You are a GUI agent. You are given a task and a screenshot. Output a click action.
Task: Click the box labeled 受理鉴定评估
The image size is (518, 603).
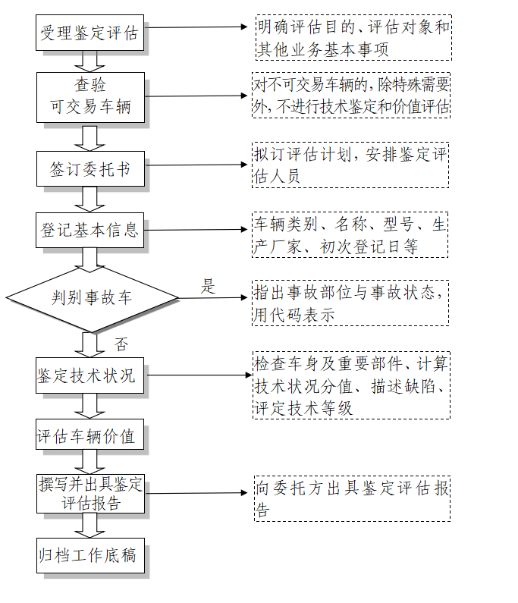pyautogui.click(x=90, y=33)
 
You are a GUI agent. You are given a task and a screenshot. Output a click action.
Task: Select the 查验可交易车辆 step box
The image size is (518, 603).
pyautogui.click(x=90, y=96)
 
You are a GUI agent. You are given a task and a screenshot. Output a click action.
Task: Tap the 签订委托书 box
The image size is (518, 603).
pyautogui.click(x=90, y=169)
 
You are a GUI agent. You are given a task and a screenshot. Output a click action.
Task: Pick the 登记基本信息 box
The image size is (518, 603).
pyautogui.click(x=90, y=230)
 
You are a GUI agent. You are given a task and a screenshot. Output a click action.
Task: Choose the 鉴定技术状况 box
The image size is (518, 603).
pyautogui.click(x=90, y=375)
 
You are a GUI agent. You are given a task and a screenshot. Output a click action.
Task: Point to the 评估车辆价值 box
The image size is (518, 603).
pyautogui.click(x=90, y=436)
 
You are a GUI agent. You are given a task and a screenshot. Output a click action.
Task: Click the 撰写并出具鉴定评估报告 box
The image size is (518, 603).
pyautogui.click(x=90, y=495)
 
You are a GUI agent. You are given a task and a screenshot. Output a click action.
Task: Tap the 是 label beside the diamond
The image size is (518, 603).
pyautogui.click(x=208, y=287)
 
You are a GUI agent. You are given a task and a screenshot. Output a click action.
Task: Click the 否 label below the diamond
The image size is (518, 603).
pyautogui.click(x=121, y=344)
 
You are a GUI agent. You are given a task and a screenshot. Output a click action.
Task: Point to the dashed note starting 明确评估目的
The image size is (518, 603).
pyautogui.click(x=352, y=38)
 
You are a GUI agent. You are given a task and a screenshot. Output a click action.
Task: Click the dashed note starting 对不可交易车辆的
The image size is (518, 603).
pyautogui.click(x=352, y=96)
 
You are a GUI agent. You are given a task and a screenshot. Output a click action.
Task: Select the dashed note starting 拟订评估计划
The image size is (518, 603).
pyautogui.click(x=352, y=165)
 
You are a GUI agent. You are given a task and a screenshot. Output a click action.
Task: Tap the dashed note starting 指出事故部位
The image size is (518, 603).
pyautogui.click(x=351, y=303)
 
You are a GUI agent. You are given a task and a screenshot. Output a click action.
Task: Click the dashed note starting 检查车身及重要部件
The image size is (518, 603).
pyautogui.click(x=352, y=385)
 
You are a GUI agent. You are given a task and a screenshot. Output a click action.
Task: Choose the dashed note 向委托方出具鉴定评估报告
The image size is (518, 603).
pyautogui.click(x=352, y=498)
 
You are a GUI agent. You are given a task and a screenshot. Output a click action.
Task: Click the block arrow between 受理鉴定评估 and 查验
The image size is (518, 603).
pyautogui.click(x=90, y=61)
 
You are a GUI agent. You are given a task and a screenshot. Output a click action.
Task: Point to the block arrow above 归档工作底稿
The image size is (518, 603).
pyautogui.click(x=90, y=528)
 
